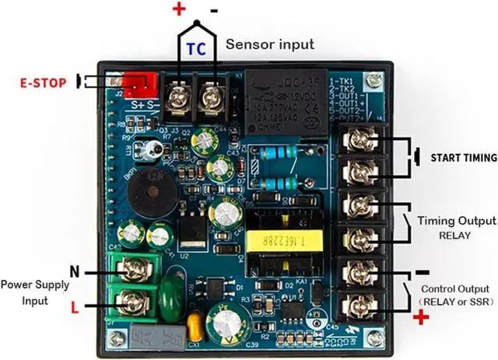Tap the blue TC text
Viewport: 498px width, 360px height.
click(196, 49)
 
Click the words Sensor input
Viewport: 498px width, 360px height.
click(270, 44)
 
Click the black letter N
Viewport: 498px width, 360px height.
click(75, 271)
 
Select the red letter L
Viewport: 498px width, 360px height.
click(75, 308)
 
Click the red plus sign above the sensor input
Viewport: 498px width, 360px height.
click(178, 9)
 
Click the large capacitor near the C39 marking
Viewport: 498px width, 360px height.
click(230, 316)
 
